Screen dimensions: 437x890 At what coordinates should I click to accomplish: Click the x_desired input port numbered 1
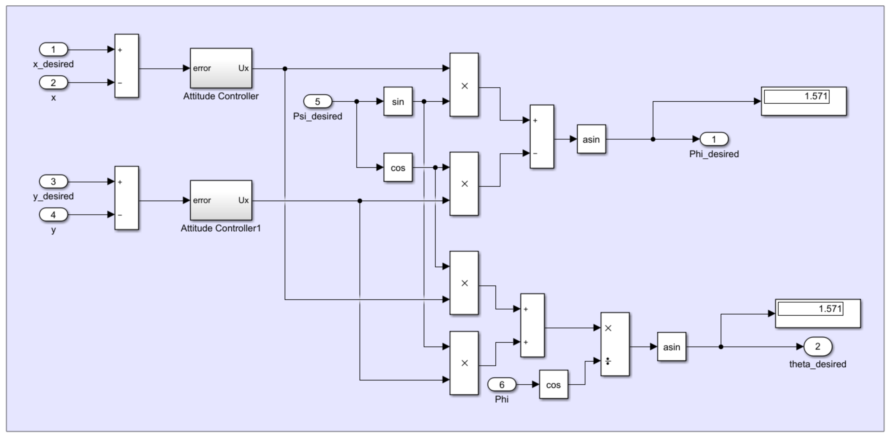53,49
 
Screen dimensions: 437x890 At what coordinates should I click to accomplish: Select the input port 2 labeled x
53,83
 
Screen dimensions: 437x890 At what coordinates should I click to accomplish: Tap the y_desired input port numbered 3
53,181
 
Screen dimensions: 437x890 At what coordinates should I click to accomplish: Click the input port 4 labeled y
53,214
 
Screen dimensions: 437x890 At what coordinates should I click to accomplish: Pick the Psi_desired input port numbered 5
317,102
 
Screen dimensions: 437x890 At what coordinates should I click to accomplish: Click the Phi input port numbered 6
501,384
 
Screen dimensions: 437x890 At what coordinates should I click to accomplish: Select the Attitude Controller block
221,68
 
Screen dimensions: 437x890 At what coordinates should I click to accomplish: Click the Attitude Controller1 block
221,200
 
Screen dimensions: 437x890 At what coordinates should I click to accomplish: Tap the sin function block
398,102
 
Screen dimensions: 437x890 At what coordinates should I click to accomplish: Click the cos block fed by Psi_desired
398,168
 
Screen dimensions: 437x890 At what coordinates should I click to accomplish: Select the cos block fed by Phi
553,384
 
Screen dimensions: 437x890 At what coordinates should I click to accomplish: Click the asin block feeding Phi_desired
591,139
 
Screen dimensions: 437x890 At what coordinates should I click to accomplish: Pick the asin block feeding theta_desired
671,347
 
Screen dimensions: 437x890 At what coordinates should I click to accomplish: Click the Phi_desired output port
714,139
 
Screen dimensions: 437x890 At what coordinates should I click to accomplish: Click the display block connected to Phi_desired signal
804,101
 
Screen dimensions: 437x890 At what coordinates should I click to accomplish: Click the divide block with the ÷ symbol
615,344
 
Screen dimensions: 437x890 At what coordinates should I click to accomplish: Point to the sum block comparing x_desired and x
126,66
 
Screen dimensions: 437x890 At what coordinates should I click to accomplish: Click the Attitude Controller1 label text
221,228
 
